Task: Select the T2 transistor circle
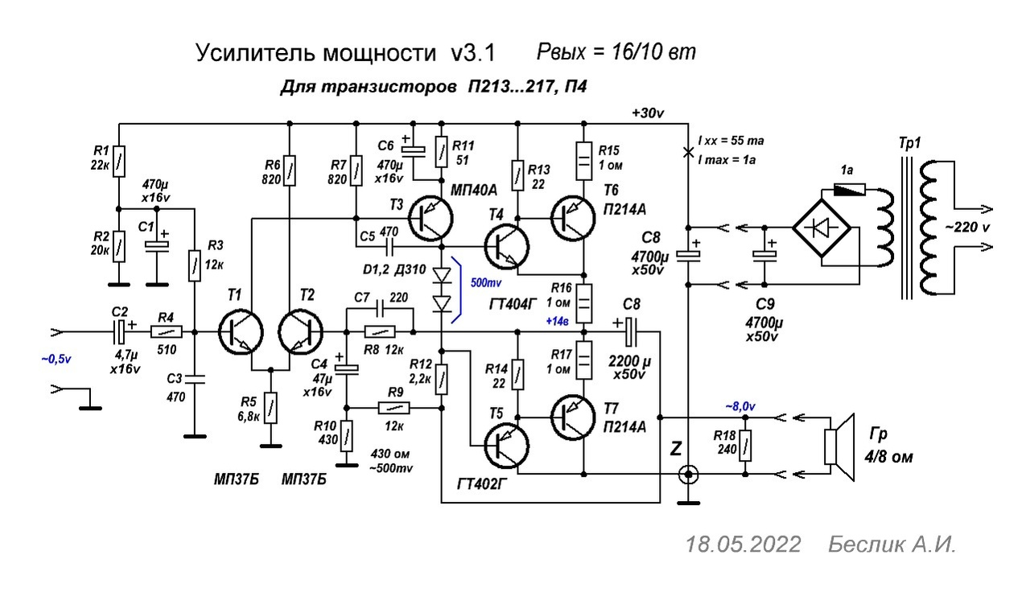(300, 331)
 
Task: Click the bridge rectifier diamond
(822, 228)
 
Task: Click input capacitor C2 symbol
(121, 331)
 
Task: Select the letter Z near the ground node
(676, 450)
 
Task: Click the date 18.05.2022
(743, 545)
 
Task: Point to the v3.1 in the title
(473, 54)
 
